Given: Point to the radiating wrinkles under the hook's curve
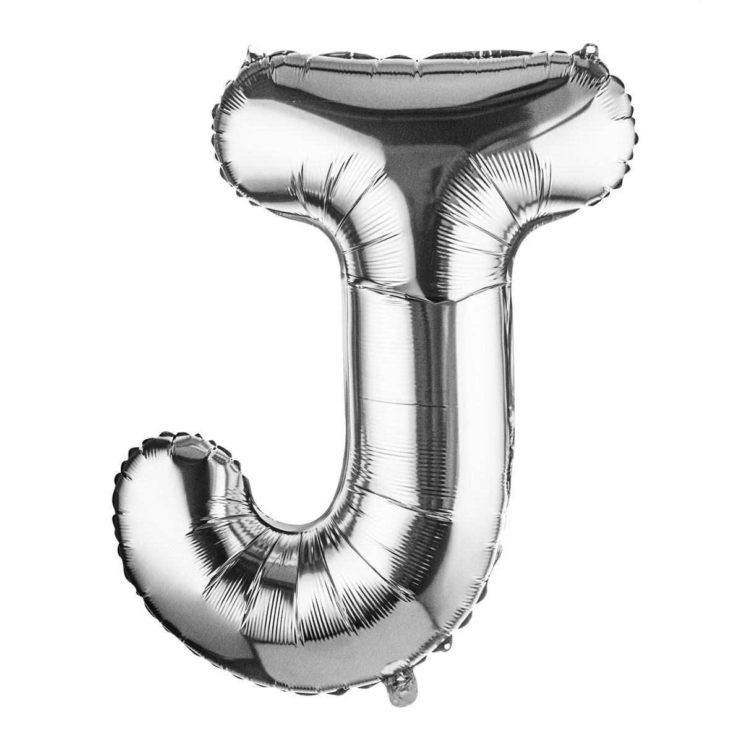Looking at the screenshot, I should [278, 594].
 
